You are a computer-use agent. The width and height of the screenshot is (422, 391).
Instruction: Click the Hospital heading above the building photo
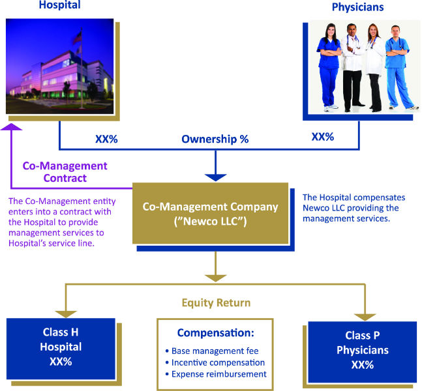(60, 5)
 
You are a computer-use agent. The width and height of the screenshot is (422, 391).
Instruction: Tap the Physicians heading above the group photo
(357, 7)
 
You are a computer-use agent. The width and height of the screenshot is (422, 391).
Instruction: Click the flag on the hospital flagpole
(78, 38)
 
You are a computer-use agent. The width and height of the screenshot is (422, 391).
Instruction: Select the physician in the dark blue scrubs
(328, 67)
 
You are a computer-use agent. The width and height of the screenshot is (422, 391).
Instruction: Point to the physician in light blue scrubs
(398, 67)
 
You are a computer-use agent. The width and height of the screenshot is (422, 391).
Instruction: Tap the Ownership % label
(215, 139)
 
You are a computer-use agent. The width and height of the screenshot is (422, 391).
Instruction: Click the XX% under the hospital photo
(106, 139)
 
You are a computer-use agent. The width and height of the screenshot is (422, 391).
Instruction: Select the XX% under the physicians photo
(323, 137)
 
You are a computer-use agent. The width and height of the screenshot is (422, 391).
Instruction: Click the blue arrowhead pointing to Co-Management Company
(216, 177)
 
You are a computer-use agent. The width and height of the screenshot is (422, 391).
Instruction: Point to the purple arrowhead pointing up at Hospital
(11, 126)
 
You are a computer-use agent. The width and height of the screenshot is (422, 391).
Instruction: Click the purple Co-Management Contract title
(65, 172)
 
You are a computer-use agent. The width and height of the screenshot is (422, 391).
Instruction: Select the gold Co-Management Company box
(210, 213)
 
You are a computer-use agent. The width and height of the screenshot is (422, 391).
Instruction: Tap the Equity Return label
(216, 303)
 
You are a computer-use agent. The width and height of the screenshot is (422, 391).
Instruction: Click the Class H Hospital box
(61, 349)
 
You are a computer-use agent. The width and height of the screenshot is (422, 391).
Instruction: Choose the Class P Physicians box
(363, 352)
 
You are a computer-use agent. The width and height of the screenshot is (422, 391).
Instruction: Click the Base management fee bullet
(212, 351)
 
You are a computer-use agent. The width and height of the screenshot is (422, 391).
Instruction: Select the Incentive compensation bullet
(215, 362)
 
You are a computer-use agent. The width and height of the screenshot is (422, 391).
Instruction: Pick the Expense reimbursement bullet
(216, 374)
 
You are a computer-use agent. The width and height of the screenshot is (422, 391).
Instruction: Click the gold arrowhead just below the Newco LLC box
(216, 278)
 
